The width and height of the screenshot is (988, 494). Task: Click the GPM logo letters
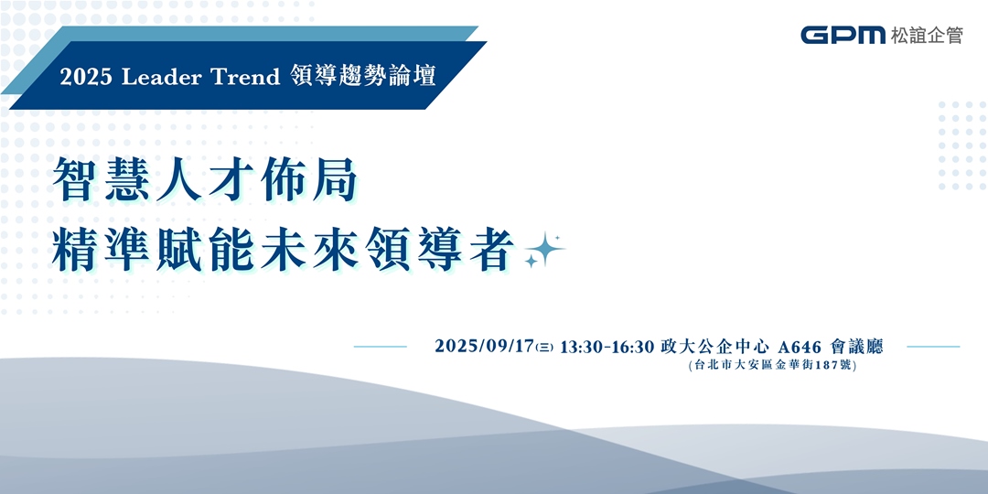click(842, 35)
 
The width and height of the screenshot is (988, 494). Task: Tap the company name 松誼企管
click(925, 35)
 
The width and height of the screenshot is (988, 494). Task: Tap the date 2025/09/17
click(484, 347)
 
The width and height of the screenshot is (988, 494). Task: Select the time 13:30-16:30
click(607, 347)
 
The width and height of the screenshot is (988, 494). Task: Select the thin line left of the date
click(380, 347)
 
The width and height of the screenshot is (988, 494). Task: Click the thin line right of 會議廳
click(933, 347)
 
